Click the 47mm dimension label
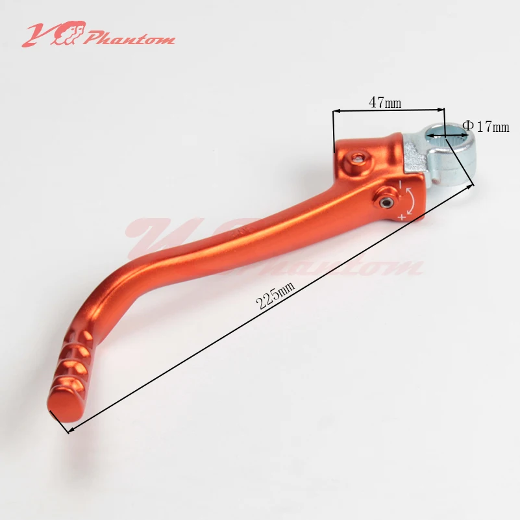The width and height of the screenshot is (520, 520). point(385,102)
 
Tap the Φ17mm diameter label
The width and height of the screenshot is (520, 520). point(486,127)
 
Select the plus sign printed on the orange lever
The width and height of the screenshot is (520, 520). point(402,217)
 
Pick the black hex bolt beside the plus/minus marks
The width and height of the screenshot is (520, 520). point(388,202)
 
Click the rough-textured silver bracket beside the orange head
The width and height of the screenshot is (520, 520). point(414,156)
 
